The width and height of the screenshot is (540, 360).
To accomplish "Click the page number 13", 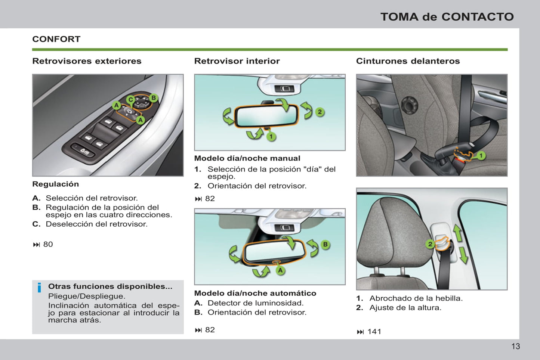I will coord(515,347).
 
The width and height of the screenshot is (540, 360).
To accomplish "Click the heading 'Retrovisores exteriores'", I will coord(87,61).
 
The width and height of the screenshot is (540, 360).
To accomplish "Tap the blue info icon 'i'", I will coord(39,288).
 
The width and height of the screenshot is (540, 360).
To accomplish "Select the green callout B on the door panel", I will coord(153,98).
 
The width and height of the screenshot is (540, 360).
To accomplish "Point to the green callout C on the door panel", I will coord(130,100).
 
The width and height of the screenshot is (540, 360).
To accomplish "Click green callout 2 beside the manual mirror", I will coord(320,112).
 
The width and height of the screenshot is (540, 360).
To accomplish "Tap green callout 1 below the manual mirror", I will coord(271,137).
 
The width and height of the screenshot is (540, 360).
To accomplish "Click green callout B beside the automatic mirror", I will coord(325,245).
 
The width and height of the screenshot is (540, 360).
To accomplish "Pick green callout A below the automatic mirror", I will coord(280,270).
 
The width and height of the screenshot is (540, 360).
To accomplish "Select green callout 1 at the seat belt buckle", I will coord(481,155).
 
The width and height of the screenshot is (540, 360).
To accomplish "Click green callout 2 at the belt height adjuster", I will coord(430,244).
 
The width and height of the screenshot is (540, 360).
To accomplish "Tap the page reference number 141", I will coord(374,332).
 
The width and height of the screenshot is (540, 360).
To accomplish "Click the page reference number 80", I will coord(48,244).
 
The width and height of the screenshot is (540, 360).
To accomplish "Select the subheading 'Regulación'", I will coord(55,184).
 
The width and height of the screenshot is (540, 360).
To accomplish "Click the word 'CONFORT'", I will coord(56,39).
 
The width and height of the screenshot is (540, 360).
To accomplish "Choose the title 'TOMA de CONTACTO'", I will coord(447,17).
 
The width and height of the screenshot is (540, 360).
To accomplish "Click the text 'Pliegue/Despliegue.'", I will coord(86,296).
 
